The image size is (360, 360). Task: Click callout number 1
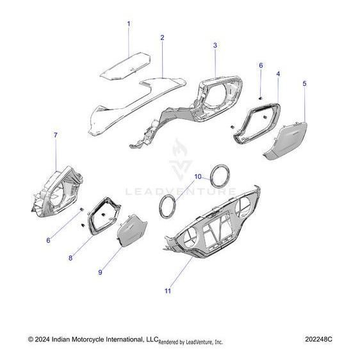(x=128, y=24)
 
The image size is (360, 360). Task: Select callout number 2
(x=162, y=38)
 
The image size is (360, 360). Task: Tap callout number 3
(x=215, y=45)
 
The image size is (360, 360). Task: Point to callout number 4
(x=278, y=74)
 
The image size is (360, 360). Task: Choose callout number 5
(x=304, y=84)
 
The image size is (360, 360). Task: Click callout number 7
(x=55, y=135)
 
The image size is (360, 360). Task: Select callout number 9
(x=101, y=272)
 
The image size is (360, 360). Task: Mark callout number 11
(x=167, y=291)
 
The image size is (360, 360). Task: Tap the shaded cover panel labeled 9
(x=133, y=231)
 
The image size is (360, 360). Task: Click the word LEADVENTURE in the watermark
(x=179, y=191)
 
